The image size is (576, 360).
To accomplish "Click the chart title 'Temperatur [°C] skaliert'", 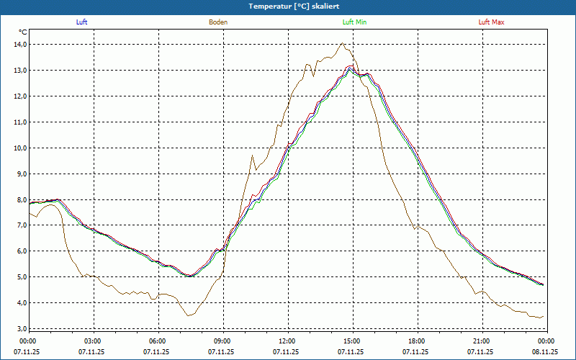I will coord(288,6).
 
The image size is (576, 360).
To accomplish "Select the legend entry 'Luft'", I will coord(81,22).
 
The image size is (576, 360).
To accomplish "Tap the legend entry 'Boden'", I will coord(218,22).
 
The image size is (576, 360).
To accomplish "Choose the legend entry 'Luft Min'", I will coord(355,22).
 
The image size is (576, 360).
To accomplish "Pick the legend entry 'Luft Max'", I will coord(492,22).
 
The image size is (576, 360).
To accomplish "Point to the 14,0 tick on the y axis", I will coord(19,44).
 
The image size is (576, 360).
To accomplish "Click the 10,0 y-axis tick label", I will coord(19,148).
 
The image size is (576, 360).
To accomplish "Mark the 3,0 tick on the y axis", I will coord(20,328).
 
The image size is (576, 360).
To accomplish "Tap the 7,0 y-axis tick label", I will coord(20,225).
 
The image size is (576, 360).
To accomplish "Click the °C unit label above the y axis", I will coord(23,32).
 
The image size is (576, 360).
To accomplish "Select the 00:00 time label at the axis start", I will coord(28,341).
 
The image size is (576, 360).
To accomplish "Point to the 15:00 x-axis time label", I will coord(351,341).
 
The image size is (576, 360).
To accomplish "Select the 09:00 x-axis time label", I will coord(222,341).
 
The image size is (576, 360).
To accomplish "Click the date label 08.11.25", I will coord(546,352).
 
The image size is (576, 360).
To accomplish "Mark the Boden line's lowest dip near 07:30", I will coord(189,315).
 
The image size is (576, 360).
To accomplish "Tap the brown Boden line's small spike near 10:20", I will coord(252,155).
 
